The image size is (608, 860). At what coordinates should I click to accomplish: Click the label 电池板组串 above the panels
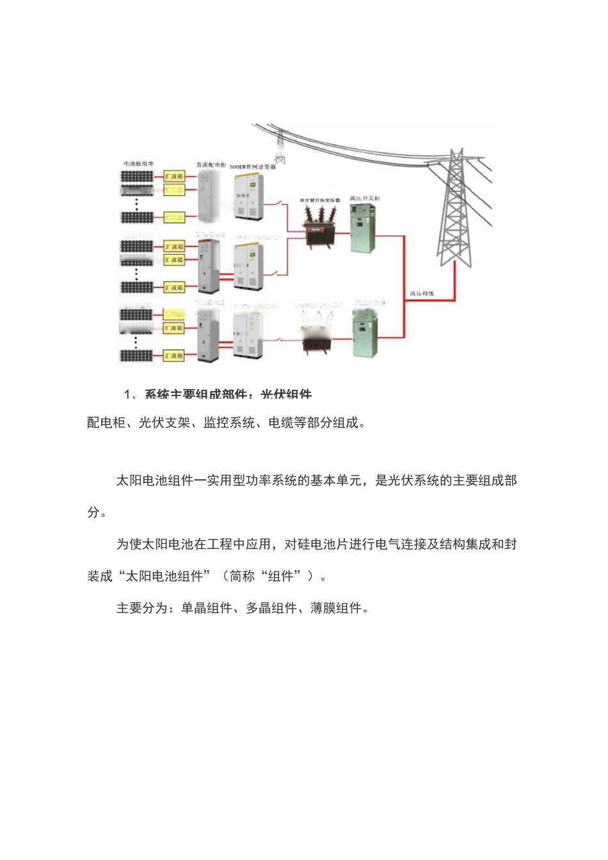pos(138,164)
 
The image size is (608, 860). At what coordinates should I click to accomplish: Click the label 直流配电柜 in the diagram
pos(211,165)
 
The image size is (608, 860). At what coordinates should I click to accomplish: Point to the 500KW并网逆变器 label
pos(253,166)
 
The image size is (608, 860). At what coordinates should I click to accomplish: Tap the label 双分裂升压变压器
pos(320,200)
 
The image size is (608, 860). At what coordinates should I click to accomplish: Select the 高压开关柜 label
pos(365,199)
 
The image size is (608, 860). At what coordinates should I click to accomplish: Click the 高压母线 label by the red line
pos(422,294)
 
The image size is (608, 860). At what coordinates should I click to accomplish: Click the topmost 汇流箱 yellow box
pos(174,176)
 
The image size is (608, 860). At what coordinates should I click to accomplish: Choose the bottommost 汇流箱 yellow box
pos(174,356)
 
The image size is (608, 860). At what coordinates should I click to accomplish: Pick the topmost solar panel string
pos(138,176)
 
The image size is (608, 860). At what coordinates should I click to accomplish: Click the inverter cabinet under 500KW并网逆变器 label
pos(249,196)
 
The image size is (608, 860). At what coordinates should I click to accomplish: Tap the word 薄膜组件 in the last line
pos(336,609)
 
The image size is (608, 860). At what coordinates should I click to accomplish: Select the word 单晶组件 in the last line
pos(207,609)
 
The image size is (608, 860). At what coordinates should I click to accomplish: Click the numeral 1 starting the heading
pos(127,394)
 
